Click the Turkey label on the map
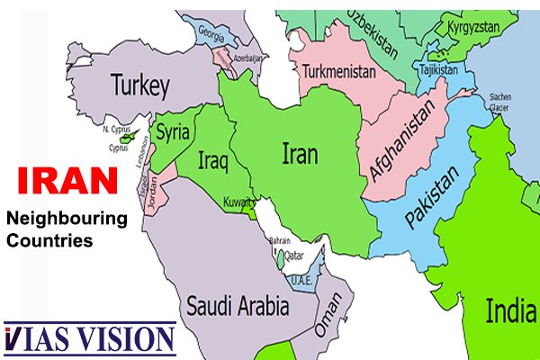[140, 86]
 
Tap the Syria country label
[173, 133]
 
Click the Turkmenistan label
[338, 71]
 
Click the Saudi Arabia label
[238, 305]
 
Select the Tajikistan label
[438, 68]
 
